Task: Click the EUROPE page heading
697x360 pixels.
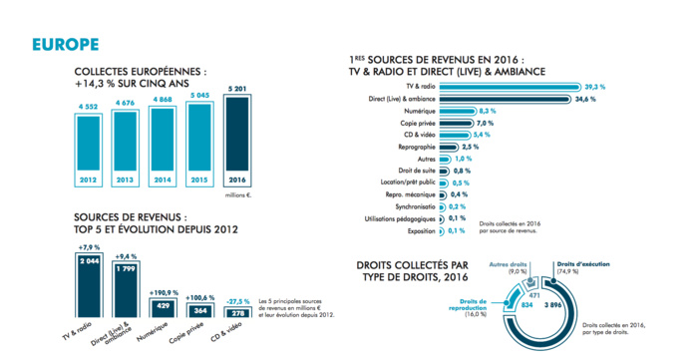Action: pyautogui.click(x=64, y=45)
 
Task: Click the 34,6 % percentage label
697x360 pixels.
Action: pyautogui.click(x=586, y=101)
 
